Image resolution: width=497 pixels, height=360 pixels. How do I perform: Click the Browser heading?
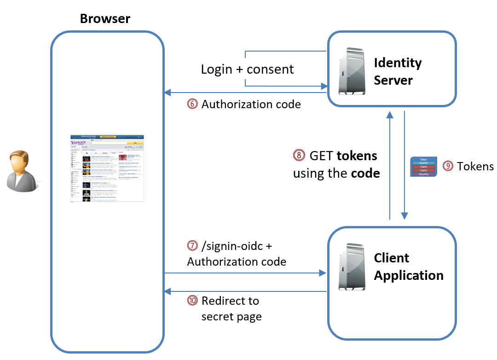coord(105,19)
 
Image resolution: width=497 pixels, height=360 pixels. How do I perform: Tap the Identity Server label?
coord(398,71)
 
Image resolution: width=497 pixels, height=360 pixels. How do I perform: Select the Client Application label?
coord(409,267)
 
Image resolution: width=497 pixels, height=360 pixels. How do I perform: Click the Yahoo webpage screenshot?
coord(107,168)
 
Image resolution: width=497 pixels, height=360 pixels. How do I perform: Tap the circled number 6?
coord(192,105)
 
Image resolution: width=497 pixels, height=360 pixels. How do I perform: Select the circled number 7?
coord(192,246)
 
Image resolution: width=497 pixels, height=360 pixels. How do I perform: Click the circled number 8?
coord(299,156)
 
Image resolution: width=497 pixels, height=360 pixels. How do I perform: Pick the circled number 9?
coord(447,166)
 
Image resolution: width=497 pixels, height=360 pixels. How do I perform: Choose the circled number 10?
coord(192,301)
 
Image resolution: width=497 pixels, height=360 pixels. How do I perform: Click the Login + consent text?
coord(247,70)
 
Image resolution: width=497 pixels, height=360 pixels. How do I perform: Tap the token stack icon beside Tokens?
coord(423,167)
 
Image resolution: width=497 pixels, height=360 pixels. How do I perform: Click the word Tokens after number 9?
coord(475,166)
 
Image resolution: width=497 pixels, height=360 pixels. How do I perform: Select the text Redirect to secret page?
coord(231,309)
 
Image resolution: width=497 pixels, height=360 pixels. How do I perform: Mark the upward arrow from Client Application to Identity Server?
coord(390,166)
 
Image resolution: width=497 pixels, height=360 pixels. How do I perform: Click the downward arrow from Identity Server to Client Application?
coord(404,166)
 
